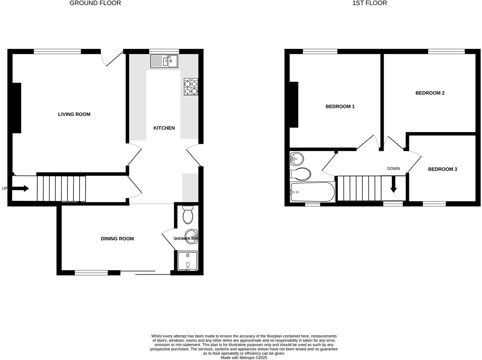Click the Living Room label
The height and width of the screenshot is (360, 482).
(x=74, y=114)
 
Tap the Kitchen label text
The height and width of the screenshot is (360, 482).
(x=164, y=128)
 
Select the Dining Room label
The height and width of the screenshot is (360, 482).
(x=117, y=238)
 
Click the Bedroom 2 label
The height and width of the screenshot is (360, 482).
(x=430, y=93)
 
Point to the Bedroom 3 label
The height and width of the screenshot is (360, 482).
(x=443, y=169)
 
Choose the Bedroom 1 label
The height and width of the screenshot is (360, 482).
(x=340, y=106)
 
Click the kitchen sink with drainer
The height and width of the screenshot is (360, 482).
(x=164, y=61)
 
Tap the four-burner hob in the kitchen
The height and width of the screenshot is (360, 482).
(x=191, y=87)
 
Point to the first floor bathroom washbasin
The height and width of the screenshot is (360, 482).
(x=296, y=159)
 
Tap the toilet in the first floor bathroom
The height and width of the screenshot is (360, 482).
(x=301, y=174)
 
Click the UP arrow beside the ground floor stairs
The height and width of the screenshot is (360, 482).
(x=21, y=188)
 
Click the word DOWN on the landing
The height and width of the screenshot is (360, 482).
(x=393, y=169)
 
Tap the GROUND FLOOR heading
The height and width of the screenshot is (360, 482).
(x=95, y=3)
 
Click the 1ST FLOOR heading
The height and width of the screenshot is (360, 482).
(x=369, y=3)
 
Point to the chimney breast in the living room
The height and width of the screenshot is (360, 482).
(x=17, y=108)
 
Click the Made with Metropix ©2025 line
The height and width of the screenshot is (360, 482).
(x=244, y=358)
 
